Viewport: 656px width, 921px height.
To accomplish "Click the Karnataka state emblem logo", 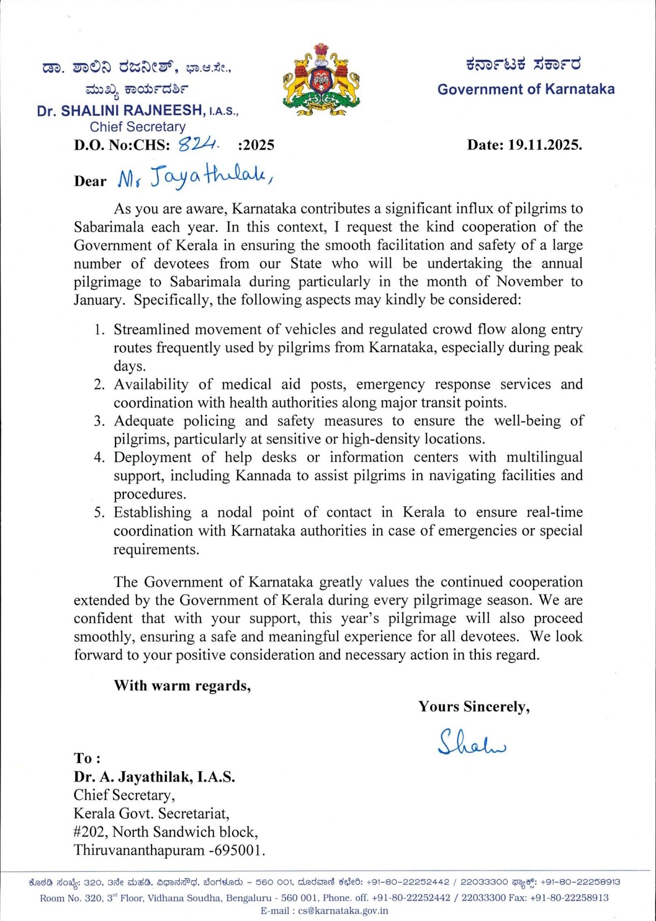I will pyautogui.click(x=321, y=79).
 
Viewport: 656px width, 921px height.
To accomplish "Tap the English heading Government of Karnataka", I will pyautogui.click(x=525, y=89).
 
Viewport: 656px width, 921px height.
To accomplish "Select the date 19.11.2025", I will pyautogui.click(x=544, y=145).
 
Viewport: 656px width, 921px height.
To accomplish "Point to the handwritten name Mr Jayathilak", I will pyautogui.click(x=195, y=178).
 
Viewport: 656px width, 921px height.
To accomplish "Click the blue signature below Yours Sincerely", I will pyautogui.click(x=471, y=743).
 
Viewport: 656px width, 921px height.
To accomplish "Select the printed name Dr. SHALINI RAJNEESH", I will pyautogui.click(x=120, y=111).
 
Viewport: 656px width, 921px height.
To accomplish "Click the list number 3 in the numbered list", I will pyautogui.click(x=99, y=421).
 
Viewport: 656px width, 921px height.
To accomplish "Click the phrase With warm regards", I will pyautogui.click(x=182, y=686).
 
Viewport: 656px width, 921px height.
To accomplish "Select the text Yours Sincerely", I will pyautogui.click(x=474, y=707).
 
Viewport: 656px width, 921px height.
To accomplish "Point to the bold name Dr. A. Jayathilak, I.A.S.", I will pyautogui.click(x=154, y=776).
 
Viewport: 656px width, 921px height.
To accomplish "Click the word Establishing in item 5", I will pyautogui.click(x=152, y=512).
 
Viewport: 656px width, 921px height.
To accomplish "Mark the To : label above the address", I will pyautogui.click(x=87, y=758).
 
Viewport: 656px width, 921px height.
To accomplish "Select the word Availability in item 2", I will pyautogui.click(x=151, y=384).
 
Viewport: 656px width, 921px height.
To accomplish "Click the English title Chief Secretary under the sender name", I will pyautogui.click(x=137, y=127).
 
